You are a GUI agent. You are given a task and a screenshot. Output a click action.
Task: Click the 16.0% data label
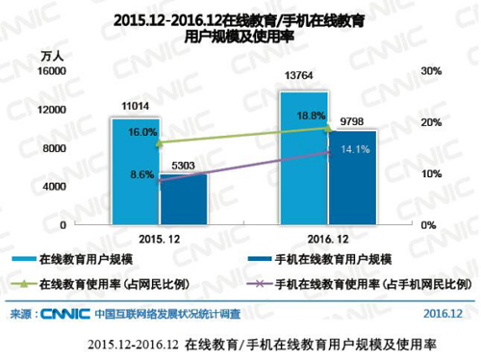(141, 132)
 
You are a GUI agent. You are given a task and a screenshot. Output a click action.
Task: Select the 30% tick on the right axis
(430, 71)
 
